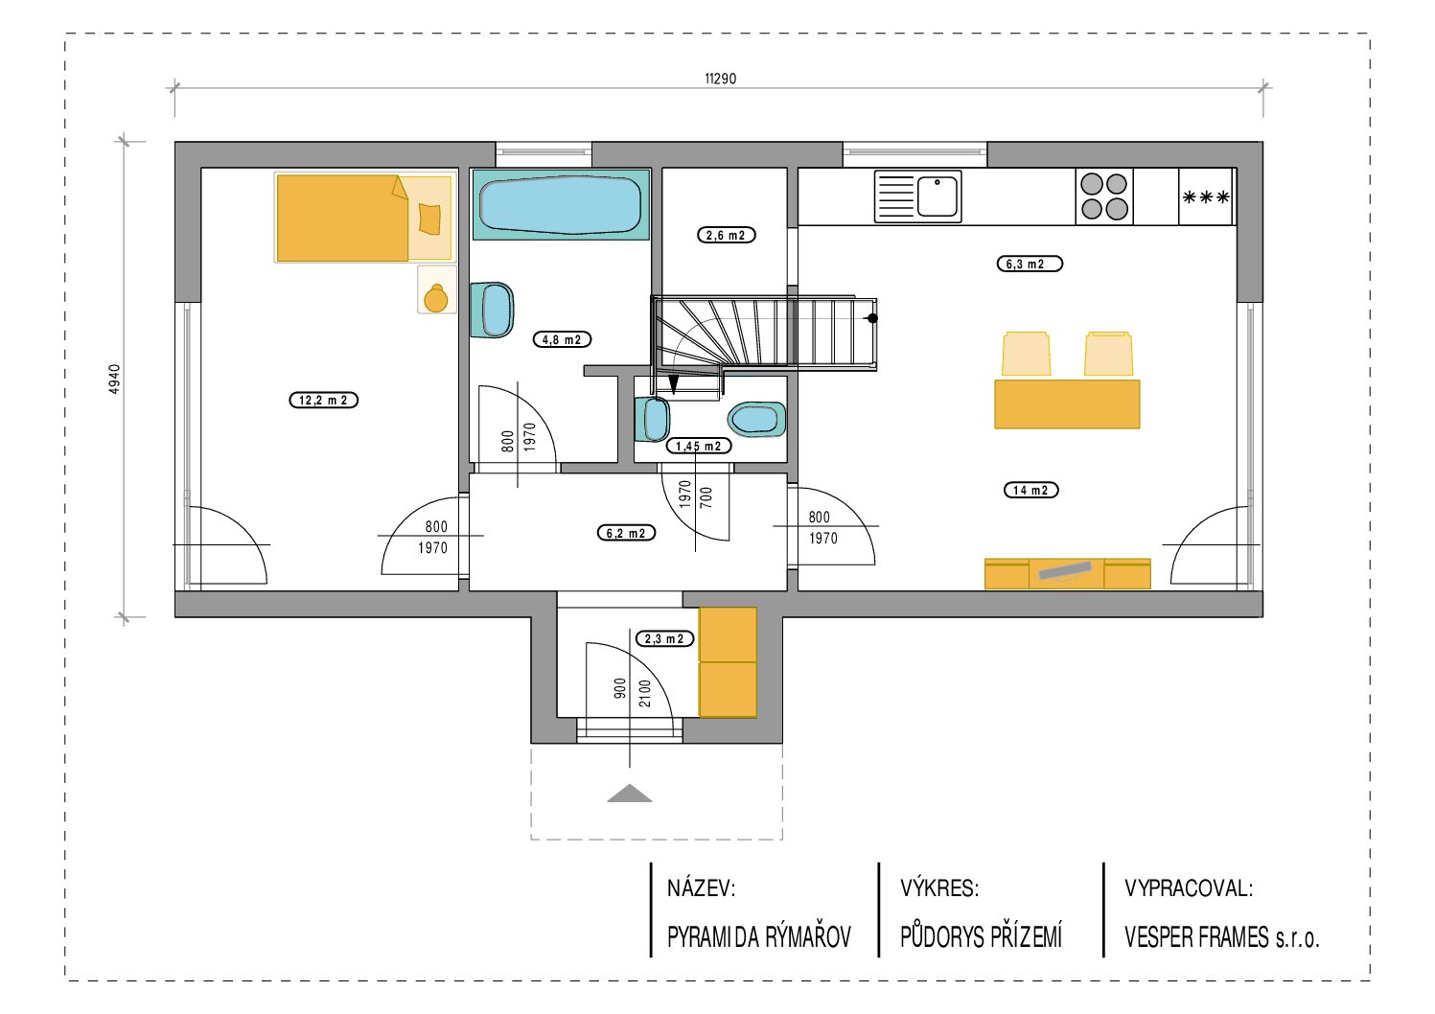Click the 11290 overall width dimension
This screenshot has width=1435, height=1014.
720,79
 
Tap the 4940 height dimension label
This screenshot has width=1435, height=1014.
114,380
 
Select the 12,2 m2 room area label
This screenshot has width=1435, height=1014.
323,401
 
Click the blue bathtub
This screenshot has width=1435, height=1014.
561,205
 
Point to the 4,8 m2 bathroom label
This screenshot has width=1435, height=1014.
562,339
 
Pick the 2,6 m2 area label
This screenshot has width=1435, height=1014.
726,235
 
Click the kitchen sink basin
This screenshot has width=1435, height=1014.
937,196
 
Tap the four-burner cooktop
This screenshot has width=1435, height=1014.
1103,196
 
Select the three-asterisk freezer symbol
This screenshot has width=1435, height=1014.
1206,196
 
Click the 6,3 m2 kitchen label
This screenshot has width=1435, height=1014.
1030,264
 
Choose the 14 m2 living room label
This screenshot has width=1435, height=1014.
1030,490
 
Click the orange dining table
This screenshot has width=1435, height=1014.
1067,404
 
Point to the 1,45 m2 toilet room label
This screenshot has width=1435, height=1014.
698,446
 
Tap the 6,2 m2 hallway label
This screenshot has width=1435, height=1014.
626,533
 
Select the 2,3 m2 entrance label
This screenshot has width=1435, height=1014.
664,638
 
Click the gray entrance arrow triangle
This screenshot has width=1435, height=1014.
630,795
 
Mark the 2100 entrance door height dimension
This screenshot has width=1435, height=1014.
645,693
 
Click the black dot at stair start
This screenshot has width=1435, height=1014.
872,318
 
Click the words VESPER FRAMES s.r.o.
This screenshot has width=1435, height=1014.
1221,937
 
